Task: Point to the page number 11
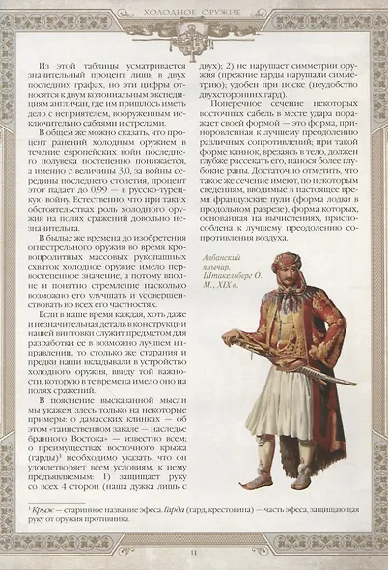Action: (x=195, y=551)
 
